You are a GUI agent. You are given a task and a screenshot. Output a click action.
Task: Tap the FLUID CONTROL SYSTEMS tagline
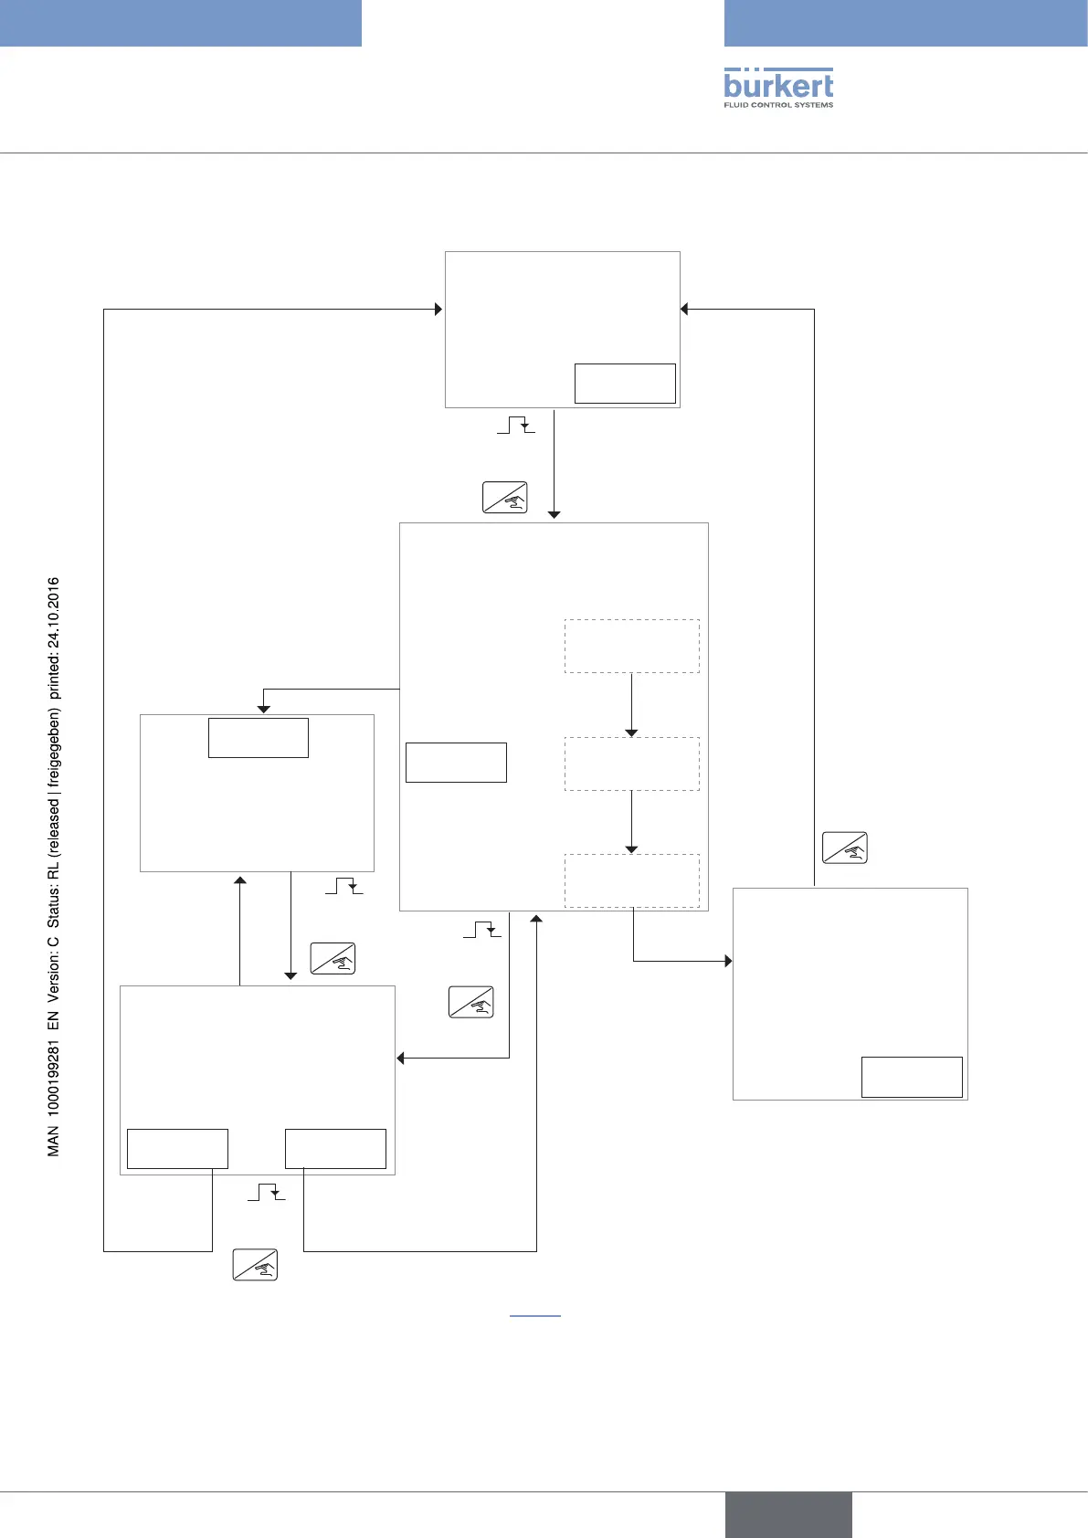pos(778,105)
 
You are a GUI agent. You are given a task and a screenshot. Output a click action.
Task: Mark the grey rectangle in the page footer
pos(788,1514)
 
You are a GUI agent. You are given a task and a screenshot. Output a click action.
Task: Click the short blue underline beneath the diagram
pos(534,1316)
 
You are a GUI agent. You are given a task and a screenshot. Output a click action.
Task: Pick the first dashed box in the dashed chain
pos(632,647)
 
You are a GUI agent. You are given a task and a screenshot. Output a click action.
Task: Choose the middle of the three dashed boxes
pos(632,764)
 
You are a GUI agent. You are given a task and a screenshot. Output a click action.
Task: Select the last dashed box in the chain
pos(632,880)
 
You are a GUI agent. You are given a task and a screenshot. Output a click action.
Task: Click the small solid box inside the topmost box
pos(625,384)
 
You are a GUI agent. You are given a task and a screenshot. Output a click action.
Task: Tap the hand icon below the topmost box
pos(505,497)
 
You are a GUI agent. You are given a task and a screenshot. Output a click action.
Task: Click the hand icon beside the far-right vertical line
pos(845,848)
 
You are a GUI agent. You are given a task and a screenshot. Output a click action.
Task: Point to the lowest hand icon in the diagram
pos(255,1265)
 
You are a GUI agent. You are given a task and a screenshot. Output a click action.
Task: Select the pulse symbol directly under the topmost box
pos(516,426)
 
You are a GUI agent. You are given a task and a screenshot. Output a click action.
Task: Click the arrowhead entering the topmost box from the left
pos(438,310)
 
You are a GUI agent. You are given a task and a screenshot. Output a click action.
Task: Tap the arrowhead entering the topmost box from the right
pos(685,310)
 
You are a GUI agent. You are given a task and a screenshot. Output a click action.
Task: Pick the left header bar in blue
pos(181,23)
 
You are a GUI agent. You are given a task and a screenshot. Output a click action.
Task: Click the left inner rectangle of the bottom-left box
pos(177,1149)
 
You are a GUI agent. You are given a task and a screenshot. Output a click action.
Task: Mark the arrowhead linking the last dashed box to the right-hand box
pos(728,961)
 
